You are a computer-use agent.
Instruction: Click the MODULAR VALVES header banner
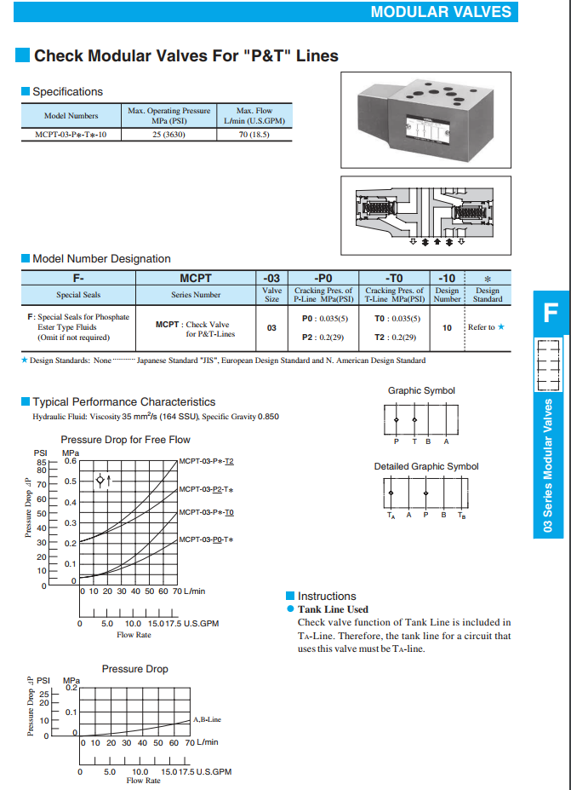point(441,11)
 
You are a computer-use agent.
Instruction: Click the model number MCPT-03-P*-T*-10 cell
point(71,135)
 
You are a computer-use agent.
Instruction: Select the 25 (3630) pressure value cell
point(168,135)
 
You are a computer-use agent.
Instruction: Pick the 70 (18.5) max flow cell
point(254,135)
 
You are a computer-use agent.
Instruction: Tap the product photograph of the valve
point(425,116)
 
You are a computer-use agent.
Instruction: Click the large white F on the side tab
point(550,313)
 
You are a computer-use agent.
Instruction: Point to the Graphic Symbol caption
point(421,390)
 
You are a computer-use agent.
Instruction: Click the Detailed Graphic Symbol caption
point(426,466)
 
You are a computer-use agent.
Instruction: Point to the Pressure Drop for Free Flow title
point(126,440)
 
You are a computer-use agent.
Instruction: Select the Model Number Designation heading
point(101,258)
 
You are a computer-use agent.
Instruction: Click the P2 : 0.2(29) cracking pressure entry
point(323,337)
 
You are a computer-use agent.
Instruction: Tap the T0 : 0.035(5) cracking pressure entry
point(397,319)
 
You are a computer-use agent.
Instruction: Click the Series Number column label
point(196,295)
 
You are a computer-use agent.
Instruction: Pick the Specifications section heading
point(67,91)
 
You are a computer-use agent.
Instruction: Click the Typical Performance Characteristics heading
point(123,401)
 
